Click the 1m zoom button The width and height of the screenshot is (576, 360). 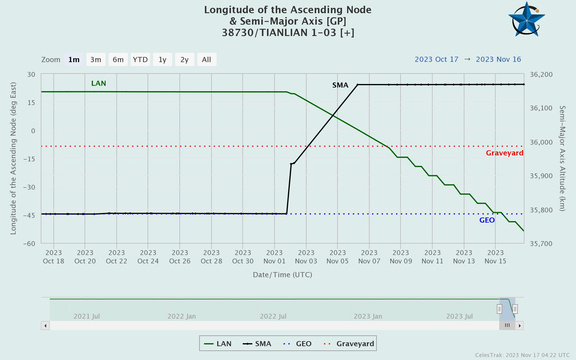(x=74, y=60)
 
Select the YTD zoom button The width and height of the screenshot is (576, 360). (x=140, y=60)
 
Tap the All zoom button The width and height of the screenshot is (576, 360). (x=206, y=60)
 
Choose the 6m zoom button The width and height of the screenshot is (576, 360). (x=118, y=60)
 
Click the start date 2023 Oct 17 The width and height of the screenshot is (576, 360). (x=436, y=60)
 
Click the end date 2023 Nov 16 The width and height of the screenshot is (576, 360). (x=498, y=60)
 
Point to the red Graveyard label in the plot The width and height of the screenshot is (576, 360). (x=504, y=153)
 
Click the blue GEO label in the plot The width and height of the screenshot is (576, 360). (x=487, y=220)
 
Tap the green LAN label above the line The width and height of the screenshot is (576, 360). (x=98, y=83)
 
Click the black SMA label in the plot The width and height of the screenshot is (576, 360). (x=340, y=85)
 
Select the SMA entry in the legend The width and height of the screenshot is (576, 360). (x=257, y=344)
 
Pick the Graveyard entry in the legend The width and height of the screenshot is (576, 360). (x=349, y=344)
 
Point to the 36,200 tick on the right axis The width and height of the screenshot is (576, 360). (x=541, y=75)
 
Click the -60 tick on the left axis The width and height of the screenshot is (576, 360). (x=29, y=244)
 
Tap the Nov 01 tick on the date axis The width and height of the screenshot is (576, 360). (x=274, y=257)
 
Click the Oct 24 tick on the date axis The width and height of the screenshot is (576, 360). (x=148, y=257)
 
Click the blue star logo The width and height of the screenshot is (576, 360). (x=527, y=19)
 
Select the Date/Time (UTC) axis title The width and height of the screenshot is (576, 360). (x=282, y=275)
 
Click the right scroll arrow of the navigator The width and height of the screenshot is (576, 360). (x=519, y=325)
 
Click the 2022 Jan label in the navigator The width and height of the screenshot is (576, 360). (x=181, y=316)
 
